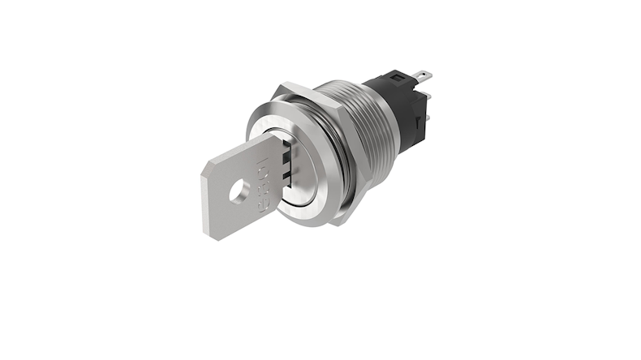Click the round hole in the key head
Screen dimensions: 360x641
point(239,192)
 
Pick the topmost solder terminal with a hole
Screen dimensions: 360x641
point(421,77)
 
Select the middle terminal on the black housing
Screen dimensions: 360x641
point(427,97)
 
